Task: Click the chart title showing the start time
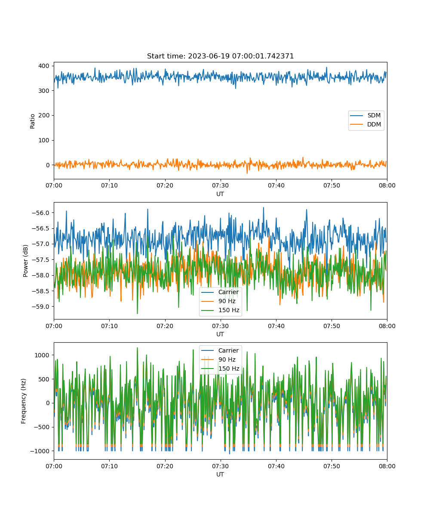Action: pos(220,56)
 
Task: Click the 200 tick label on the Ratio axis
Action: pos(44,115)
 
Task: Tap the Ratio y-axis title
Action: pos(32,121)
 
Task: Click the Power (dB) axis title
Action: pos(25,261)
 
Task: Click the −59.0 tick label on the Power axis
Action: pos(40,307)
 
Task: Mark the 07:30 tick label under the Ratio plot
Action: pos(220,185)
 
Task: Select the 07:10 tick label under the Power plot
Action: pos(109,326)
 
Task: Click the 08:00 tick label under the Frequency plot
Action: pos(387,466)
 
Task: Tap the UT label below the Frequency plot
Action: pos(220,474)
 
